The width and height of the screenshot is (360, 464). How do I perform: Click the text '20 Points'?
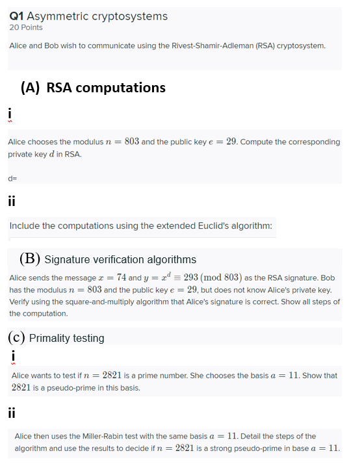coord(26,27)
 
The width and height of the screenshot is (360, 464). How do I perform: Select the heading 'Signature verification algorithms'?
coord(120,260)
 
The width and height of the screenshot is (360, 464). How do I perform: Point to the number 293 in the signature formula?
coord(191,277)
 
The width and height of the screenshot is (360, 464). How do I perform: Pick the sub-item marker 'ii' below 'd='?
coord(12,201)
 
